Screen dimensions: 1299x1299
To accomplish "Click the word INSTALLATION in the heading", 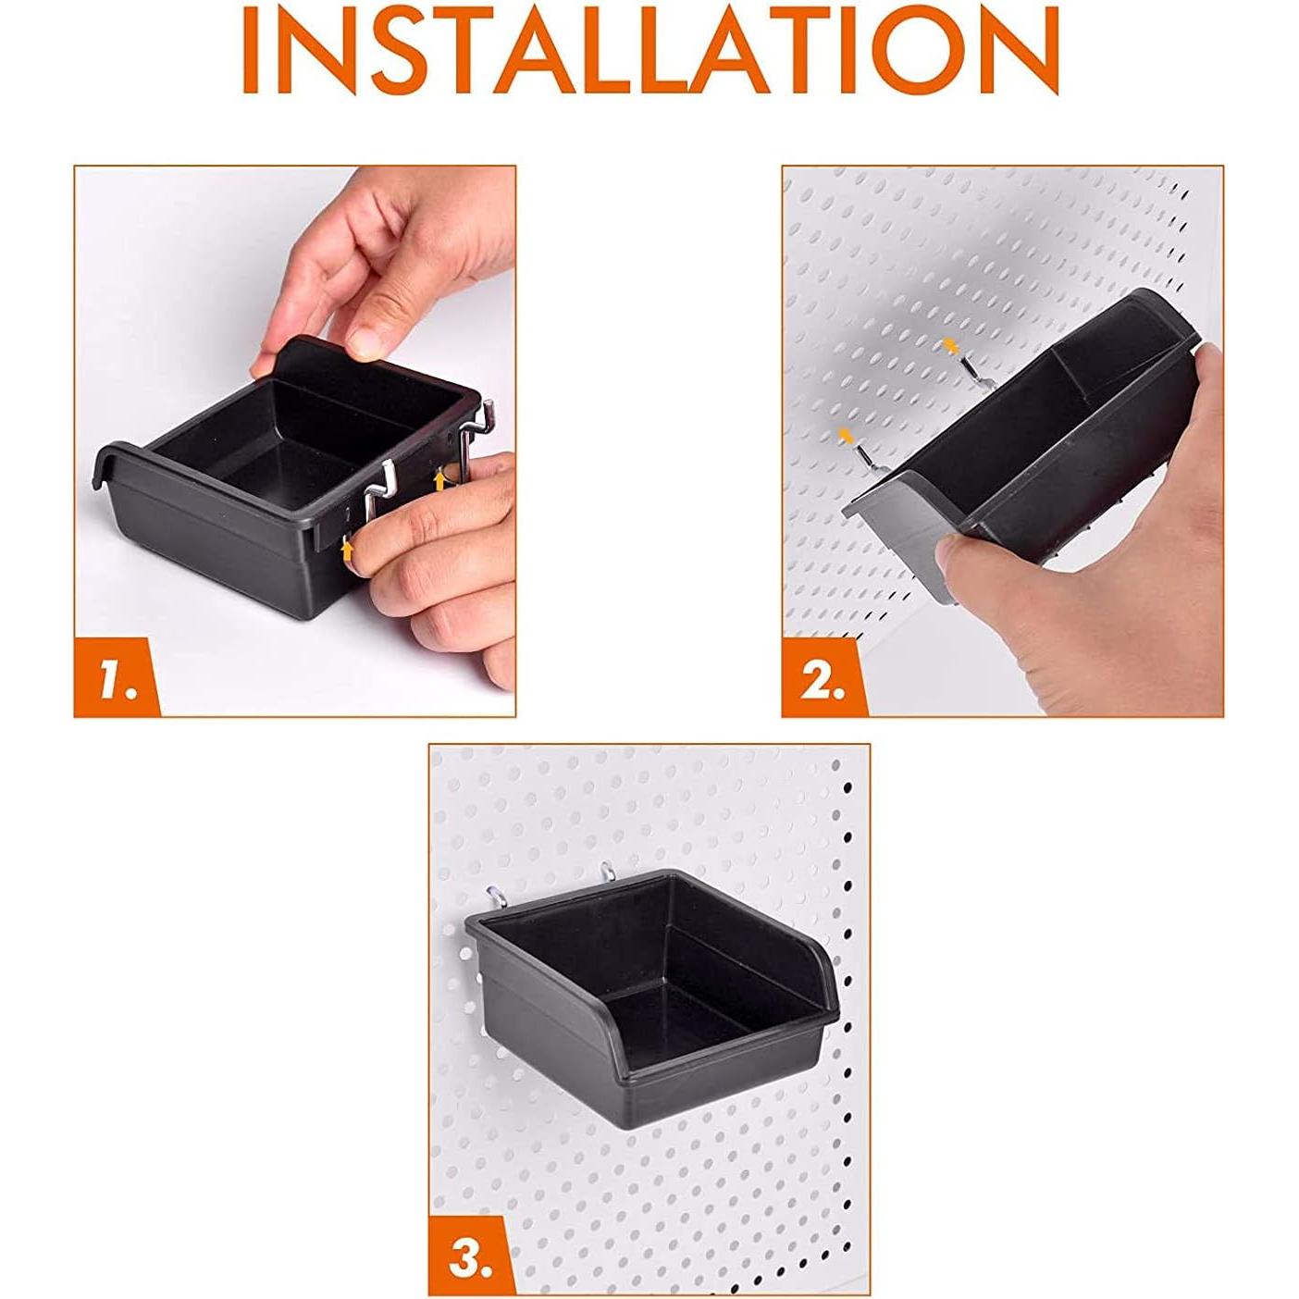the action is click(x=649, y=50).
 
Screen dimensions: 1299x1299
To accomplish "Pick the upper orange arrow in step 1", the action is click(x=439, y=479).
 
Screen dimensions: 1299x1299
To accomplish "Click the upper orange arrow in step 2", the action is click(x=950, y=345).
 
